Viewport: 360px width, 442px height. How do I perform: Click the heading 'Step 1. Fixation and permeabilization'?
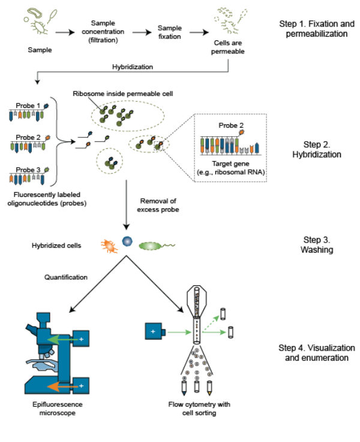pos(313,29)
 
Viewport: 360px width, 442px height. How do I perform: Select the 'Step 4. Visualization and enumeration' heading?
pos(317,353)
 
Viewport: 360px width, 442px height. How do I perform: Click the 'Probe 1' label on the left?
pos(28,106)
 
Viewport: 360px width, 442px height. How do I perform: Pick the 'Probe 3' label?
pos(28,170)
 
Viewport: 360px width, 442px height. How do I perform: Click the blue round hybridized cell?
pos(127,242)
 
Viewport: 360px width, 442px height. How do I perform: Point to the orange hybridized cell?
pos(108,244)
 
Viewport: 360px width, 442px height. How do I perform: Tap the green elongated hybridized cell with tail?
pos(150,245)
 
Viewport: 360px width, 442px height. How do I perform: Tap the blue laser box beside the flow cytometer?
pos(154,330)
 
